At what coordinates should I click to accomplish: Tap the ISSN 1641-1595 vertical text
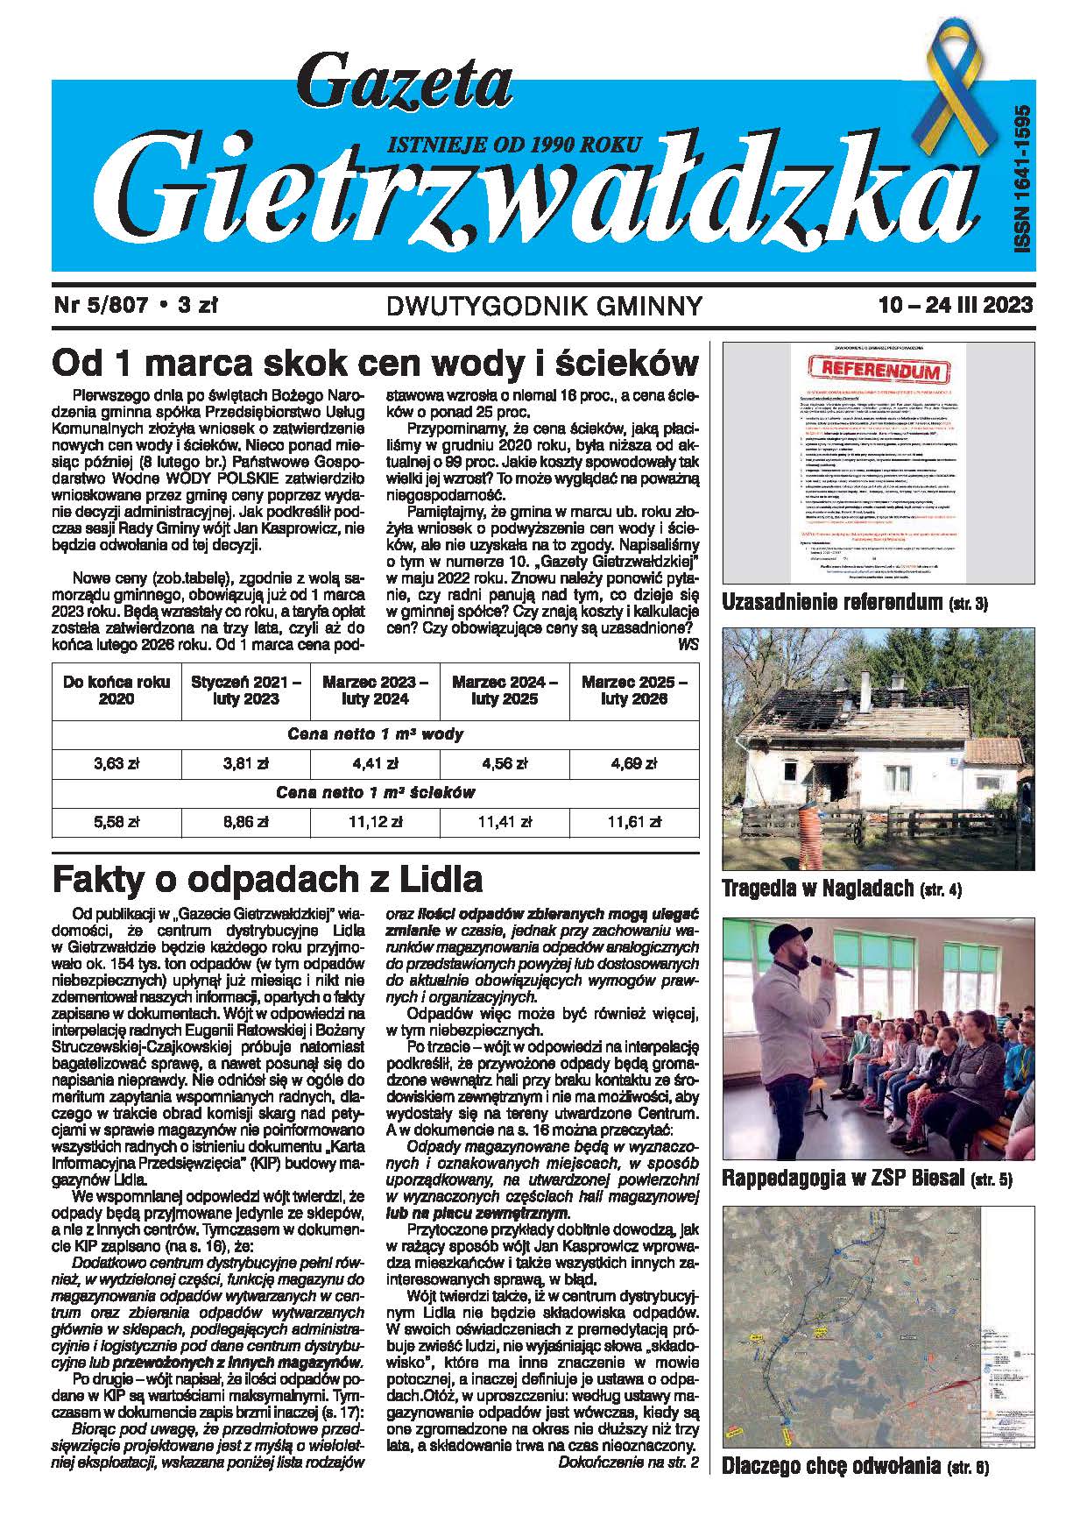tap(1021, 181)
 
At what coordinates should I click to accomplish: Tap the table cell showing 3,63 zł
tap(116, 763)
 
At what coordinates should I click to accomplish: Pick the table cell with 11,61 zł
tap(633, 822)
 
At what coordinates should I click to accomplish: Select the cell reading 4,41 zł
tap(375, 763)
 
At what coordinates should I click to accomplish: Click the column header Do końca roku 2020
tap(116, 691)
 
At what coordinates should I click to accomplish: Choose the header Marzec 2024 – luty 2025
tap(504, 691)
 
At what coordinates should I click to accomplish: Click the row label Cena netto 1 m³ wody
tap(375, 734)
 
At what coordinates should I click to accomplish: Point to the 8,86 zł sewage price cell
tap(245, 822)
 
